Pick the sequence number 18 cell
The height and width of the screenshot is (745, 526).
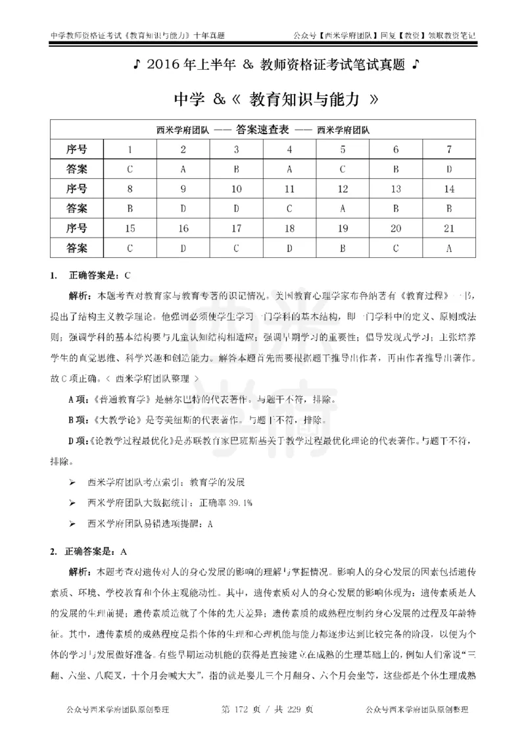coord(289,229)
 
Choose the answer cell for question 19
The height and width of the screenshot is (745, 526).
coord(343,249)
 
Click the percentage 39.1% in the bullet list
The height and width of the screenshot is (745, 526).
coord(239,502)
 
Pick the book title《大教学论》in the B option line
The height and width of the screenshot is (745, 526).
coord(122,420)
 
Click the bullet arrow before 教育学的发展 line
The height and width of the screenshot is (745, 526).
coord(72,482)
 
